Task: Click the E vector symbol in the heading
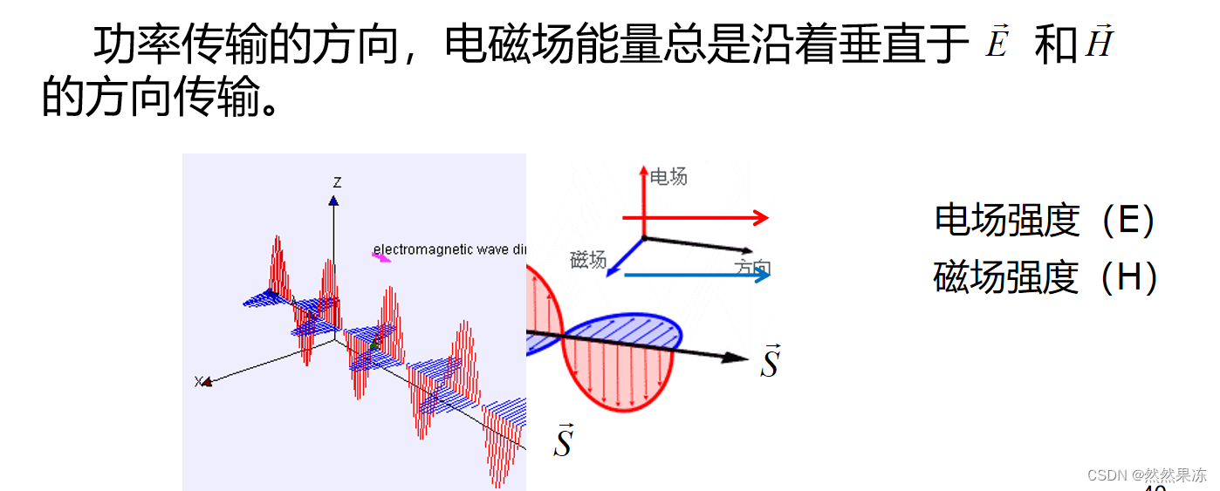click(x=997, y=43)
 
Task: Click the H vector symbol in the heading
click(x=1099, y=42)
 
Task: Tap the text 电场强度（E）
click(x=1045, y=222)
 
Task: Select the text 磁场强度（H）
click(x=1045, y=278)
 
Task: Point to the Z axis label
click(x=337, y=182)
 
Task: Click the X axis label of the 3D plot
click(x=199, y=382)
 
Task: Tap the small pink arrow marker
click(x=381, y=256)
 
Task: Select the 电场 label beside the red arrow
click(x=669, y=177)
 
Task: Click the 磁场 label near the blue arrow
click(x=587, y=259)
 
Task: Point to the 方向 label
click(x=752, y=267)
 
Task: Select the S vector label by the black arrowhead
click(x=769, y=362)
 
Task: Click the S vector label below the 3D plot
click(x=564, y=441)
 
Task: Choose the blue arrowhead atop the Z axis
click(x=333, y=201)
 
